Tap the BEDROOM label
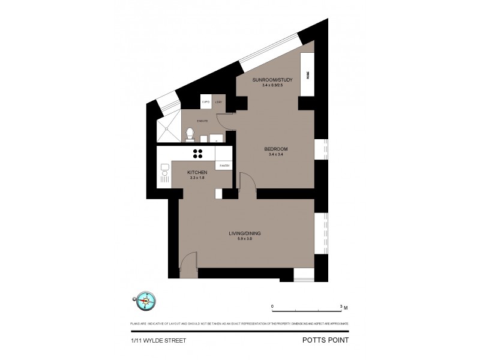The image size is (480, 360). (x=277, y=148)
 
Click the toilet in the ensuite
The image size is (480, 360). (x=189, y=133)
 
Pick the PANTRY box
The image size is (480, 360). (x=224, y=164)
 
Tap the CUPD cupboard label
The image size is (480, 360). (x=205, y=103)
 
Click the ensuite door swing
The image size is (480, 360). (x=224, y=122)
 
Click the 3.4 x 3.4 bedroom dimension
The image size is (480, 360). (x=277, y=154)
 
